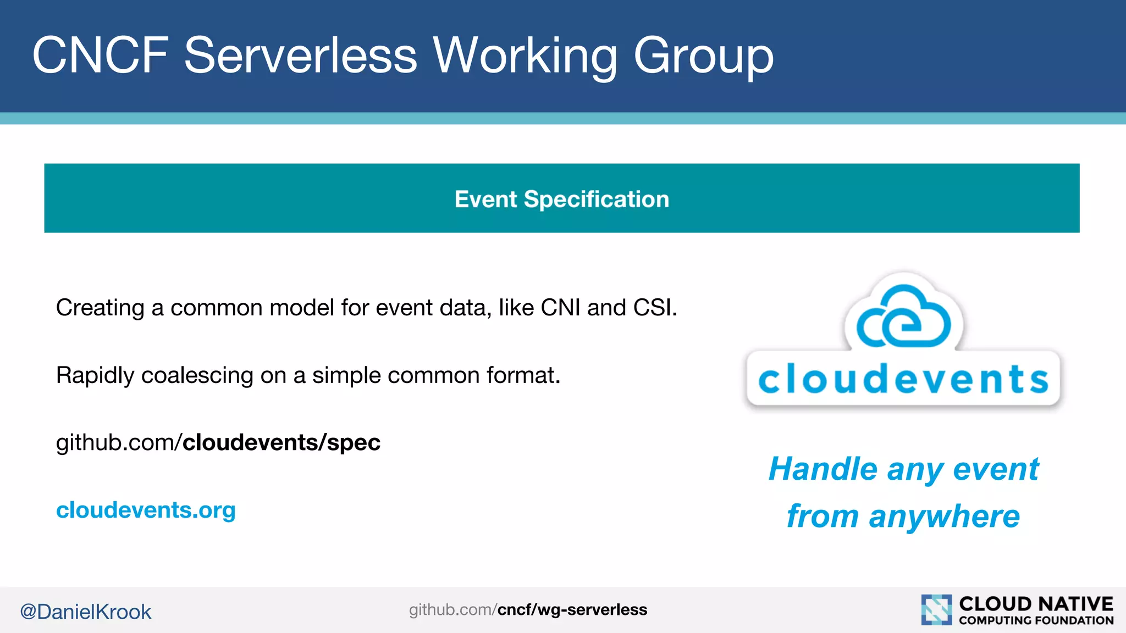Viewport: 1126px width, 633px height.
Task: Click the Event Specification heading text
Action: [x=561, y=199]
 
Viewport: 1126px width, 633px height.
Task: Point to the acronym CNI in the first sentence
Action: [x=560, y=308]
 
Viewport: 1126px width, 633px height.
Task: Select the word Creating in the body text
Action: [x=100, y=308]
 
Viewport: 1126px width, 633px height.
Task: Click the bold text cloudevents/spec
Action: [x=281, y=442]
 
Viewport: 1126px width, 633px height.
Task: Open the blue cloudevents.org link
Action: [x=146, y=510]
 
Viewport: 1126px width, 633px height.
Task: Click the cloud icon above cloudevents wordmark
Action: [x=904, y=316]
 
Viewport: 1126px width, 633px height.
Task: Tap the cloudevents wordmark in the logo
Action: [x=903, y=380]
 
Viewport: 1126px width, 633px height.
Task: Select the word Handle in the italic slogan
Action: [x=823, y=469]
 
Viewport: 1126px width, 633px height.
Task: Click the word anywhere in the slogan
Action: [x=944, y=517]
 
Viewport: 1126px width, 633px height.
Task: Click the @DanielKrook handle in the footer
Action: [x=85, y=612]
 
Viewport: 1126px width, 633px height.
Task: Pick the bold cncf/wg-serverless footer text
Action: [x=572, y=610]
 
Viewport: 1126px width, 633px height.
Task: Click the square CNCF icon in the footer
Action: [x=936, y=609]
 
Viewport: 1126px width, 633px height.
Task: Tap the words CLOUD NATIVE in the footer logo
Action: [x=1036, y=604]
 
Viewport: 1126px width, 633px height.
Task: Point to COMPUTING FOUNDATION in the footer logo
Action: [x=1036, y=620]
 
